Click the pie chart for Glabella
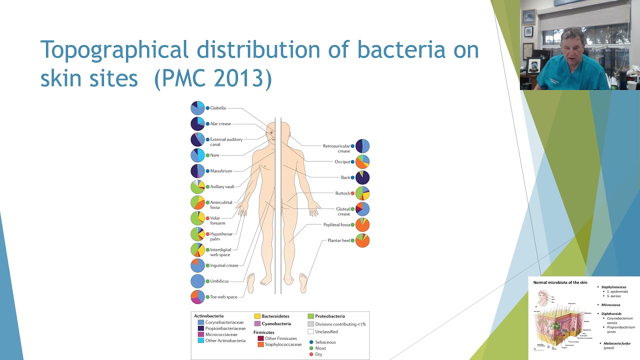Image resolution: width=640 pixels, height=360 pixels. tap(197, 108)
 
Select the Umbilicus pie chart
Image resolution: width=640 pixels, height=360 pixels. tap(197, 281)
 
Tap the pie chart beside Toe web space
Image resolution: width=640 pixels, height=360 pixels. tap(197, 296)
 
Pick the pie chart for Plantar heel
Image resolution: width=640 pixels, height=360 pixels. tap(362, 240)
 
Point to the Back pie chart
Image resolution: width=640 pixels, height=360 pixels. tap(362, 177)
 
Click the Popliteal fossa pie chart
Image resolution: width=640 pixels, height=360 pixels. tap(362, 224)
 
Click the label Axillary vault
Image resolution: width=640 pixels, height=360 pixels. tap(222, 186)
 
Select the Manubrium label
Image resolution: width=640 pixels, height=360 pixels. tap(221, 171)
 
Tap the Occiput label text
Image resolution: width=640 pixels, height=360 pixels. tap(342, 161)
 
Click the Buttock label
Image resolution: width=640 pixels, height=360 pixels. tap(342, 193)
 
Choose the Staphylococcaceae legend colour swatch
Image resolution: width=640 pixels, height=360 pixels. tap(260, 344)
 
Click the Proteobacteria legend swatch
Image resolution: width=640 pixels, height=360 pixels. tap(310, 316)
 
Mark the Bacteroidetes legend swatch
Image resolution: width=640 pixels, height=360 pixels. tap(257, 316)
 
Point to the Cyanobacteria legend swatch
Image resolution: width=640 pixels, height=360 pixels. tap(257, 324)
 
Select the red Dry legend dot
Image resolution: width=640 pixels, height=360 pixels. tap(311, 354)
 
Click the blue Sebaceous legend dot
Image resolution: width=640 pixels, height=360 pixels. tap(311, 342)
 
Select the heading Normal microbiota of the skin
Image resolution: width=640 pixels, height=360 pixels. tap(560, 282)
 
